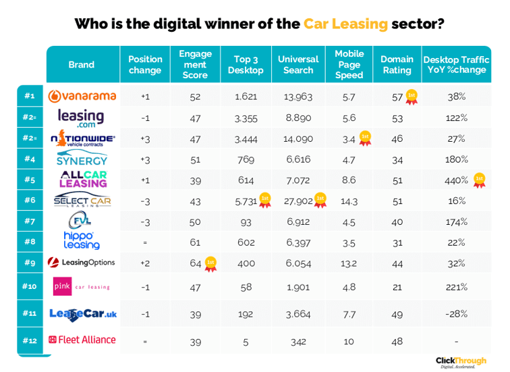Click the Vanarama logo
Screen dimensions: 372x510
tap(82, 96)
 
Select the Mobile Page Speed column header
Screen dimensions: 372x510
tap(349, 64)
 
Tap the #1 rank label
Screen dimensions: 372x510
tap(30, 96)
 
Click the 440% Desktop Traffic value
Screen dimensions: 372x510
tap(456, 180)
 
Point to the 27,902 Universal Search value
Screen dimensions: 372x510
tap(297, 201)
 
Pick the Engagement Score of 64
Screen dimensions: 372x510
tap(195, 263)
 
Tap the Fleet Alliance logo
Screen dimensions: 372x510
tap(82, 340)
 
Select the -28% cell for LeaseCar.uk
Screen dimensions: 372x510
tap(457, 313)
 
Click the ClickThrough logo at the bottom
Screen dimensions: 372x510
tap(461, 362)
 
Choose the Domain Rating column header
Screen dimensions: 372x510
tap(397, 64)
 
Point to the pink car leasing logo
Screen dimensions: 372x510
tap(82, 286)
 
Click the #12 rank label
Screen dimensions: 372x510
tap(30, 340)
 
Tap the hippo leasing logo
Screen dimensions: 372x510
tap(82, 240)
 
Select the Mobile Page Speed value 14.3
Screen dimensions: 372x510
tap(349, 201)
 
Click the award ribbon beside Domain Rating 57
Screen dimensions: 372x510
tap(411, 96)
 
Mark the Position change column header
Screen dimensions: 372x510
tap(145, 64)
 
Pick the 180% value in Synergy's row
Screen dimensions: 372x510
tap(457, 159)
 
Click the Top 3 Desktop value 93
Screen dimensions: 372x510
tap(246, 221)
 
